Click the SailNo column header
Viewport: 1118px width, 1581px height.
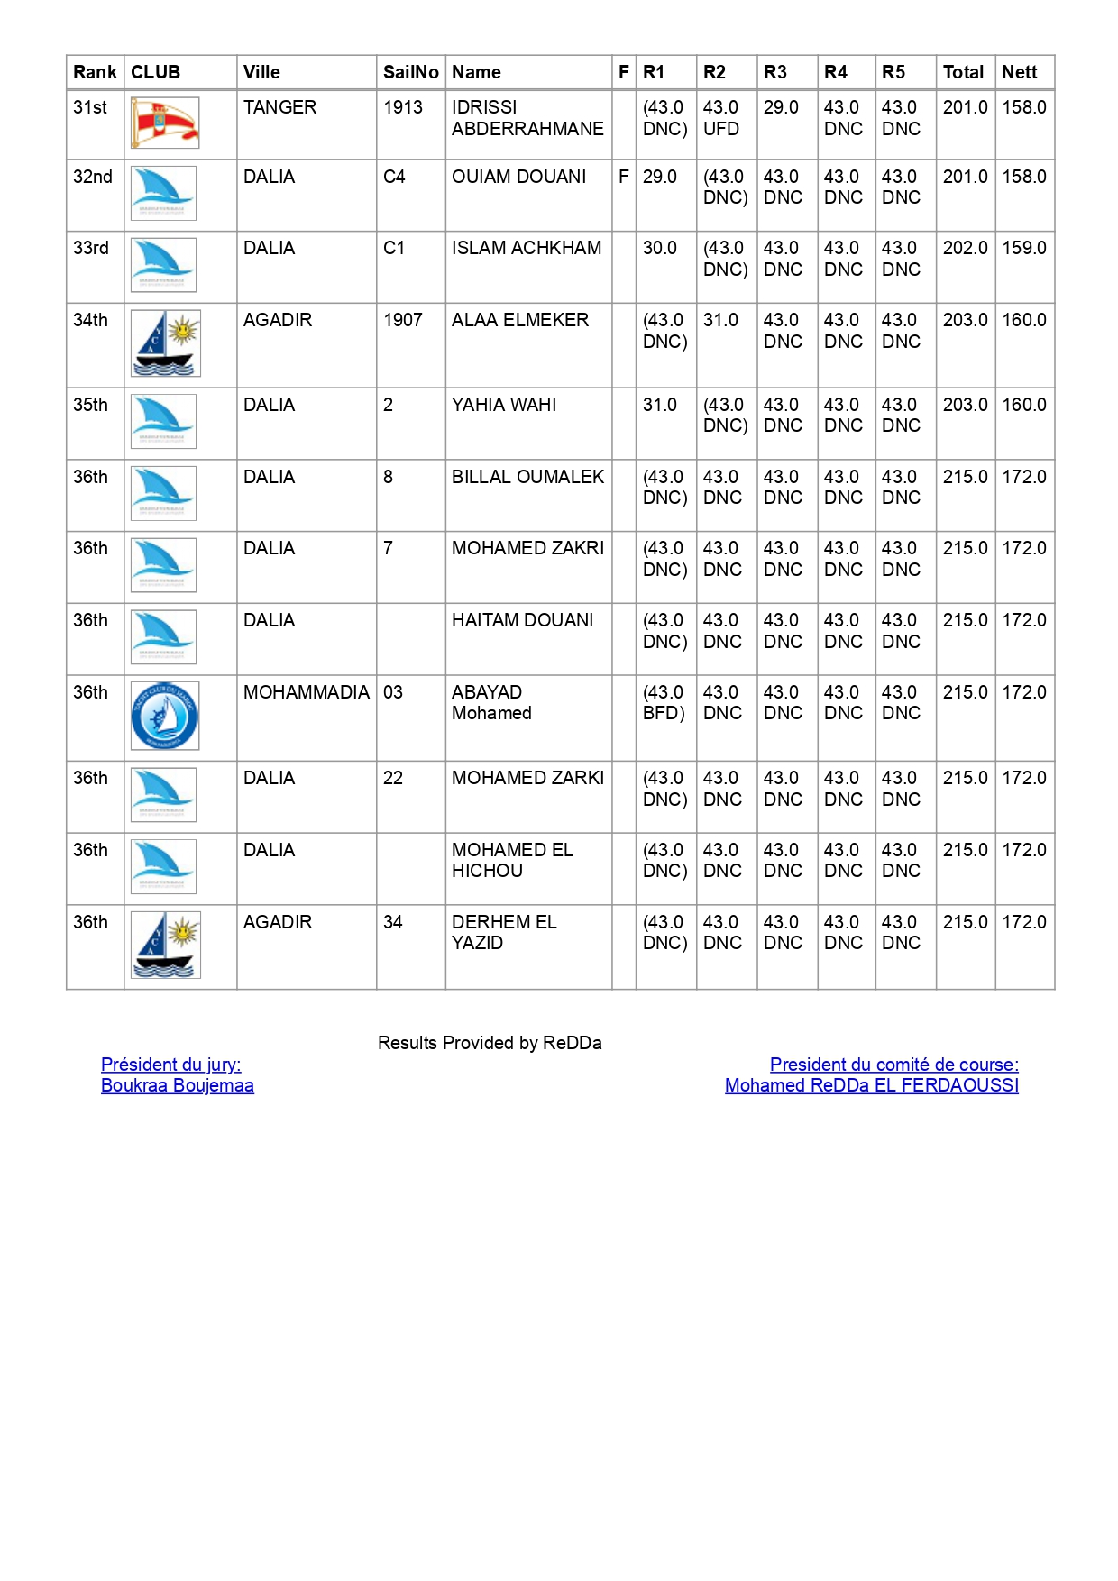tap(410, 72)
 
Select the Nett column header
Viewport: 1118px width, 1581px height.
tap(1020, 72)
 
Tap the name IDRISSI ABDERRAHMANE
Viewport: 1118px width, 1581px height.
tap(527, 118)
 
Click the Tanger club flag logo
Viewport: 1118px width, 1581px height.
tap(165, 123)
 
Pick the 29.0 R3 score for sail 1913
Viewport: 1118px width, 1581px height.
tap(781, 107)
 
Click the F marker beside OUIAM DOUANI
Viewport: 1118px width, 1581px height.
tap(623, 177)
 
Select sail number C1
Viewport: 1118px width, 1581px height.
tap(394, 248)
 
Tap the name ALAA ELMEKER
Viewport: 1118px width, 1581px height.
tap(520, 320)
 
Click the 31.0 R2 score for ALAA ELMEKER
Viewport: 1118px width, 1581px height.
tap(720, 320)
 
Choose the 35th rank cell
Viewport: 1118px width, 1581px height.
tap(90, 405)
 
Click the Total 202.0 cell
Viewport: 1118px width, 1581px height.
tap(965, 248)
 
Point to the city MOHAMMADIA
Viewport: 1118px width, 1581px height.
tap(307, 692)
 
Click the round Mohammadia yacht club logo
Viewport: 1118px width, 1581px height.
tap(164, 716)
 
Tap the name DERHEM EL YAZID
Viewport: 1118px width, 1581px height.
tap(504, 932)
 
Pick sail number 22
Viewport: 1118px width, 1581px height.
tap(393, 778)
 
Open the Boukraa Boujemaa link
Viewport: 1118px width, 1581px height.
tap(178, 1085)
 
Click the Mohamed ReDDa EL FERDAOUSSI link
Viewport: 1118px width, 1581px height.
tap(872, 1085)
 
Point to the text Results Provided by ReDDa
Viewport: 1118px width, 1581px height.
tap(490, 1043)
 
